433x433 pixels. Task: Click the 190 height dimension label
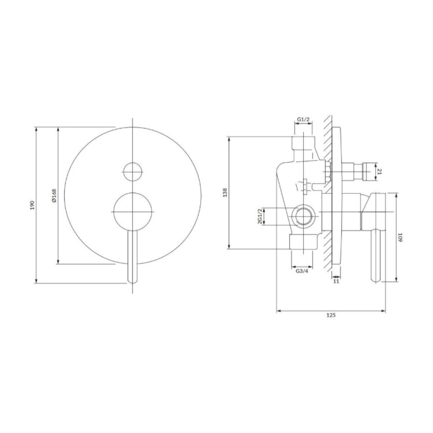(32, 205)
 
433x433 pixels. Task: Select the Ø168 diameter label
(54, 196)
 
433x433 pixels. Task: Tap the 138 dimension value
(225, 193)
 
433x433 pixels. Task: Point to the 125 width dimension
(331, 315)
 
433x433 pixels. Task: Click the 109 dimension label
(400, 237)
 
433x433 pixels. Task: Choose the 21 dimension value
(379, 172)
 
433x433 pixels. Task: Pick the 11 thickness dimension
(336, 281)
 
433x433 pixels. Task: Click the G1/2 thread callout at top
(304, 120)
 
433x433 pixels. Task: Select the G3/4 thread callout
(302, 271)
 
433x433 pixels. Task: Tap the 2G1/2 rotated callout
(259, 216)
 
